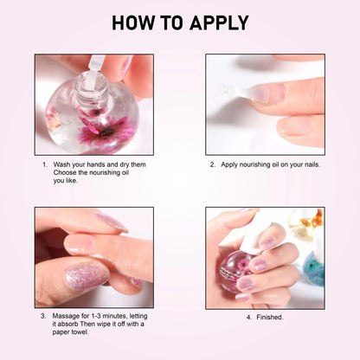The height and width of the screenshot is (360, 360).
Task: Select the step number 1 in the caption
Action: (x=43, y=164)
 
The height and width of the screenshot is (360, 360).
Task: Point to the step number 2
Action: (x=212, y=164)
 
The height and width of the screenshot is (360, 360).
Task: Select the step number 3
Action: (x=43, y=316)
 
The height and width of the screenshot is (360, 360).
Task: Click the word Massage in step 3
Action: (x=66, y=316)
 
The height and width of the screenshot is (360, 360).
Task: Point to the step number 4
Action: (x=249, y=318)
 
